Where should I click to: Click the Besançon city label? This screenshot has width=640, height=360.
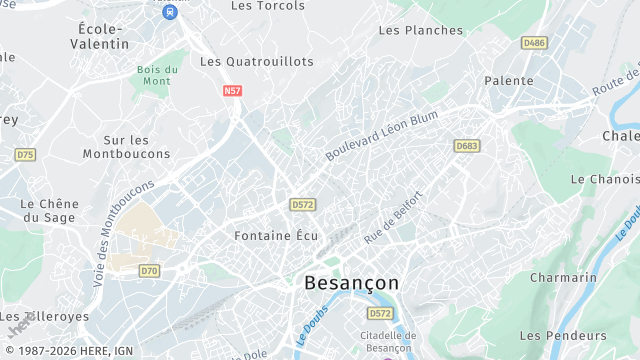pos(350,283)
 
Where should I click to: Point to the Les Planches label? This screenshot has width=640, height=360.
pos(421,30)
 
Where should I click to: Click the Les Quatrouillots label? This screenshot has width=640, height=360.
pos(257,61)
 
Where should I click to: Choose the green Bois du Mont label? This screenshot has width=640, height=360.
pos(158,75)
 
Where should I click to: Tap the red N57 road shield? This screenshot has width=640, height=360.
pos(232,90)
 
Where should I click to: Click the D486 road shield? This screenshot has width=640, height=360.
pos(534,43)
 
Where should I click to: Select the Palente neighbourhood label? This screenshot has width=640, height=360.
pos(508,80)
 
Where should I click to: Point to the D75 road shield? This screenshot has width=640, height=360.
pos(25,154)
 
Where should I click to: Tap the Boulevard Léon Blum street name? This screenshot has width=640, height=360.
pos(382,136)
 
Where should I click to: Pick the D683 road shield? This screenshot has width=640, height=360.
pos(467,146)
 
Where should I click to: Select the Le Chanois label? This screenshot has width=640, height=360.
pos(604,179)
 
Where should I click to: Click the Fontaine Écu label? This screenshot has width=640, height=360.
pos(275,236)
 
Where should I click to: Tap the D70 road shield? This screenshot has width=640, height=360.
pos(149,270)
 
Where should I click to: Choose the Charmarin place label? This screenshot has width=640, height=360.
pos(563,277)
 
